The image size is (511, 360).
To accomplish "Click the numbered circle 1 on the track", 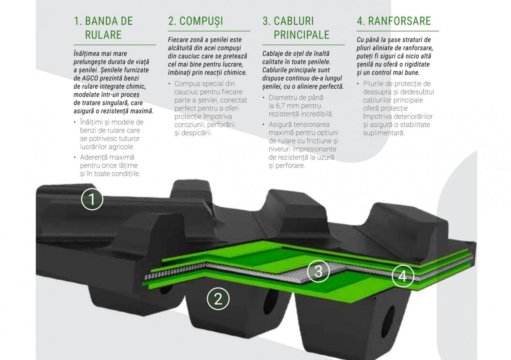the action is pos(92,199).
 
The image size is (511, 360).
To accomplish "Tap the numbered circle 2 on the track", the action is pos(218,299).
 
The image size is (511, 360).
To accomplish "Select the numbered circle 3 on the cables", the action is pos(318,271).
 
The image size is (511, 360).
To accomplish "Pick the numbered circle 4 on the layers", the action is pos(403,276).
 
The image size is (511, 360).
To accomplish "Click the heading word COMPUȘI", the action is pos(201,21).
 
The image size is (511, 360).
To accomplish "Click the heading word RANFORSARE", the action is pos(400,21).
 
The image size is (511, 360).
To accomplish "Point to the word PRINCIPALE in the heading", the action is pos(301,35).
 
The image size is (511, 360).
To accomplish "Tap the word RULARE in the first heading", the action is pos(103,35).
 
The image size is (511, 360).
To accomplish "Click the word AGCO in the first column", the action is pos(90,78).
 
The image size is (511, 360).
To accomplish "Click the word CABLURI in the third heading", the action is pos(294,21).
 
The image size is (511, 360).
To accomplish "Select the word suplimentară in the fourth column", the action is pos(384,133).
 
